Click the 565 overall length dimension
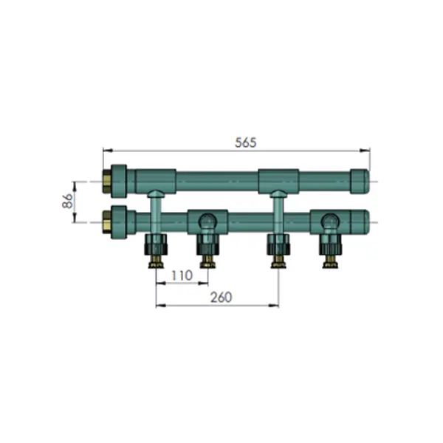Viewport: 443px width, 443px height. point(246,142)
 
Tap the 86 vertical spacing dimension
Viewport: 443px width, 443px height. point(68,201)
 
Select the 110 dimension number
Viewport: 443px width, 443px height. point(182,275)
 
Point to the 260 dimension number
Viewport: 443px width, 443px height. point(221,298)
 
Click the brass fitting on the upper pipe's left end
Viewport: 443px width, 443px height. point(106,182)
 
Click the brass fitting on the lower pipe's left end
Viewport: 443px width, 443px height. point(106,222)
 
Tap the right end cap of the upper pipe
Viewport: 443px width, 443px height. point(360,182)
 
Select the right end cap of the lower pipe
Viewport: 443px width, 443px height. point(360,222)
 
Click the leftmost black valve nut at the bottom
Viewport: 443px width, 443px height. point(156,244)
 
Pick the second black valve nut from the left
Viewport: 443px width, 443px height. point(207,244)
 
